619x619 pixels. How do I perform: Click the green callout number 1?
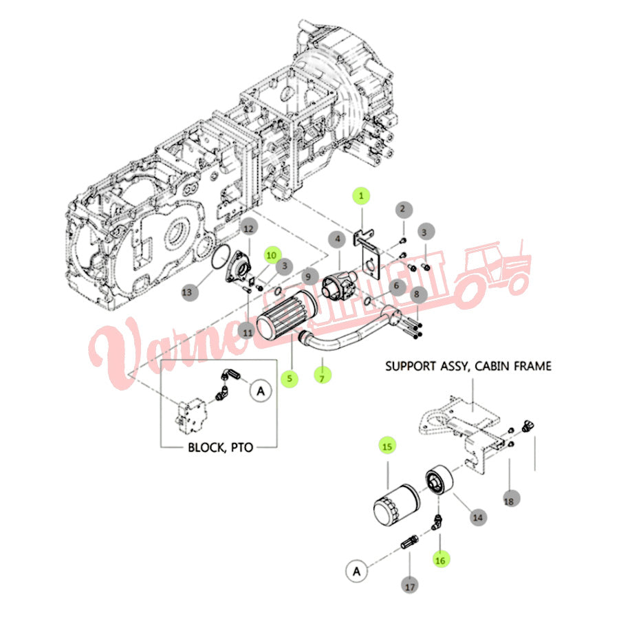pos(361,196)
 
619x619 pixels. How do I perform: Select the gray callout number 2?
pos(404,208)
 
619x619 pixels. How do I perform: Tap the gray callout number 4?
pos(337,240)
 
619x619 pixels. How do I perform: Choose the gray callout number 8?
pos(417,294)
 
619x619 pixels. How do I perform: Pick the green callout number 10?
pos(272,254)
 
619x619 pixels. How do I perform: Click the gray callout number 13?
pos(187,292)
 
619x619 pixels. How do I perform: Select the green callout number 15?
pos(387,446)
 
